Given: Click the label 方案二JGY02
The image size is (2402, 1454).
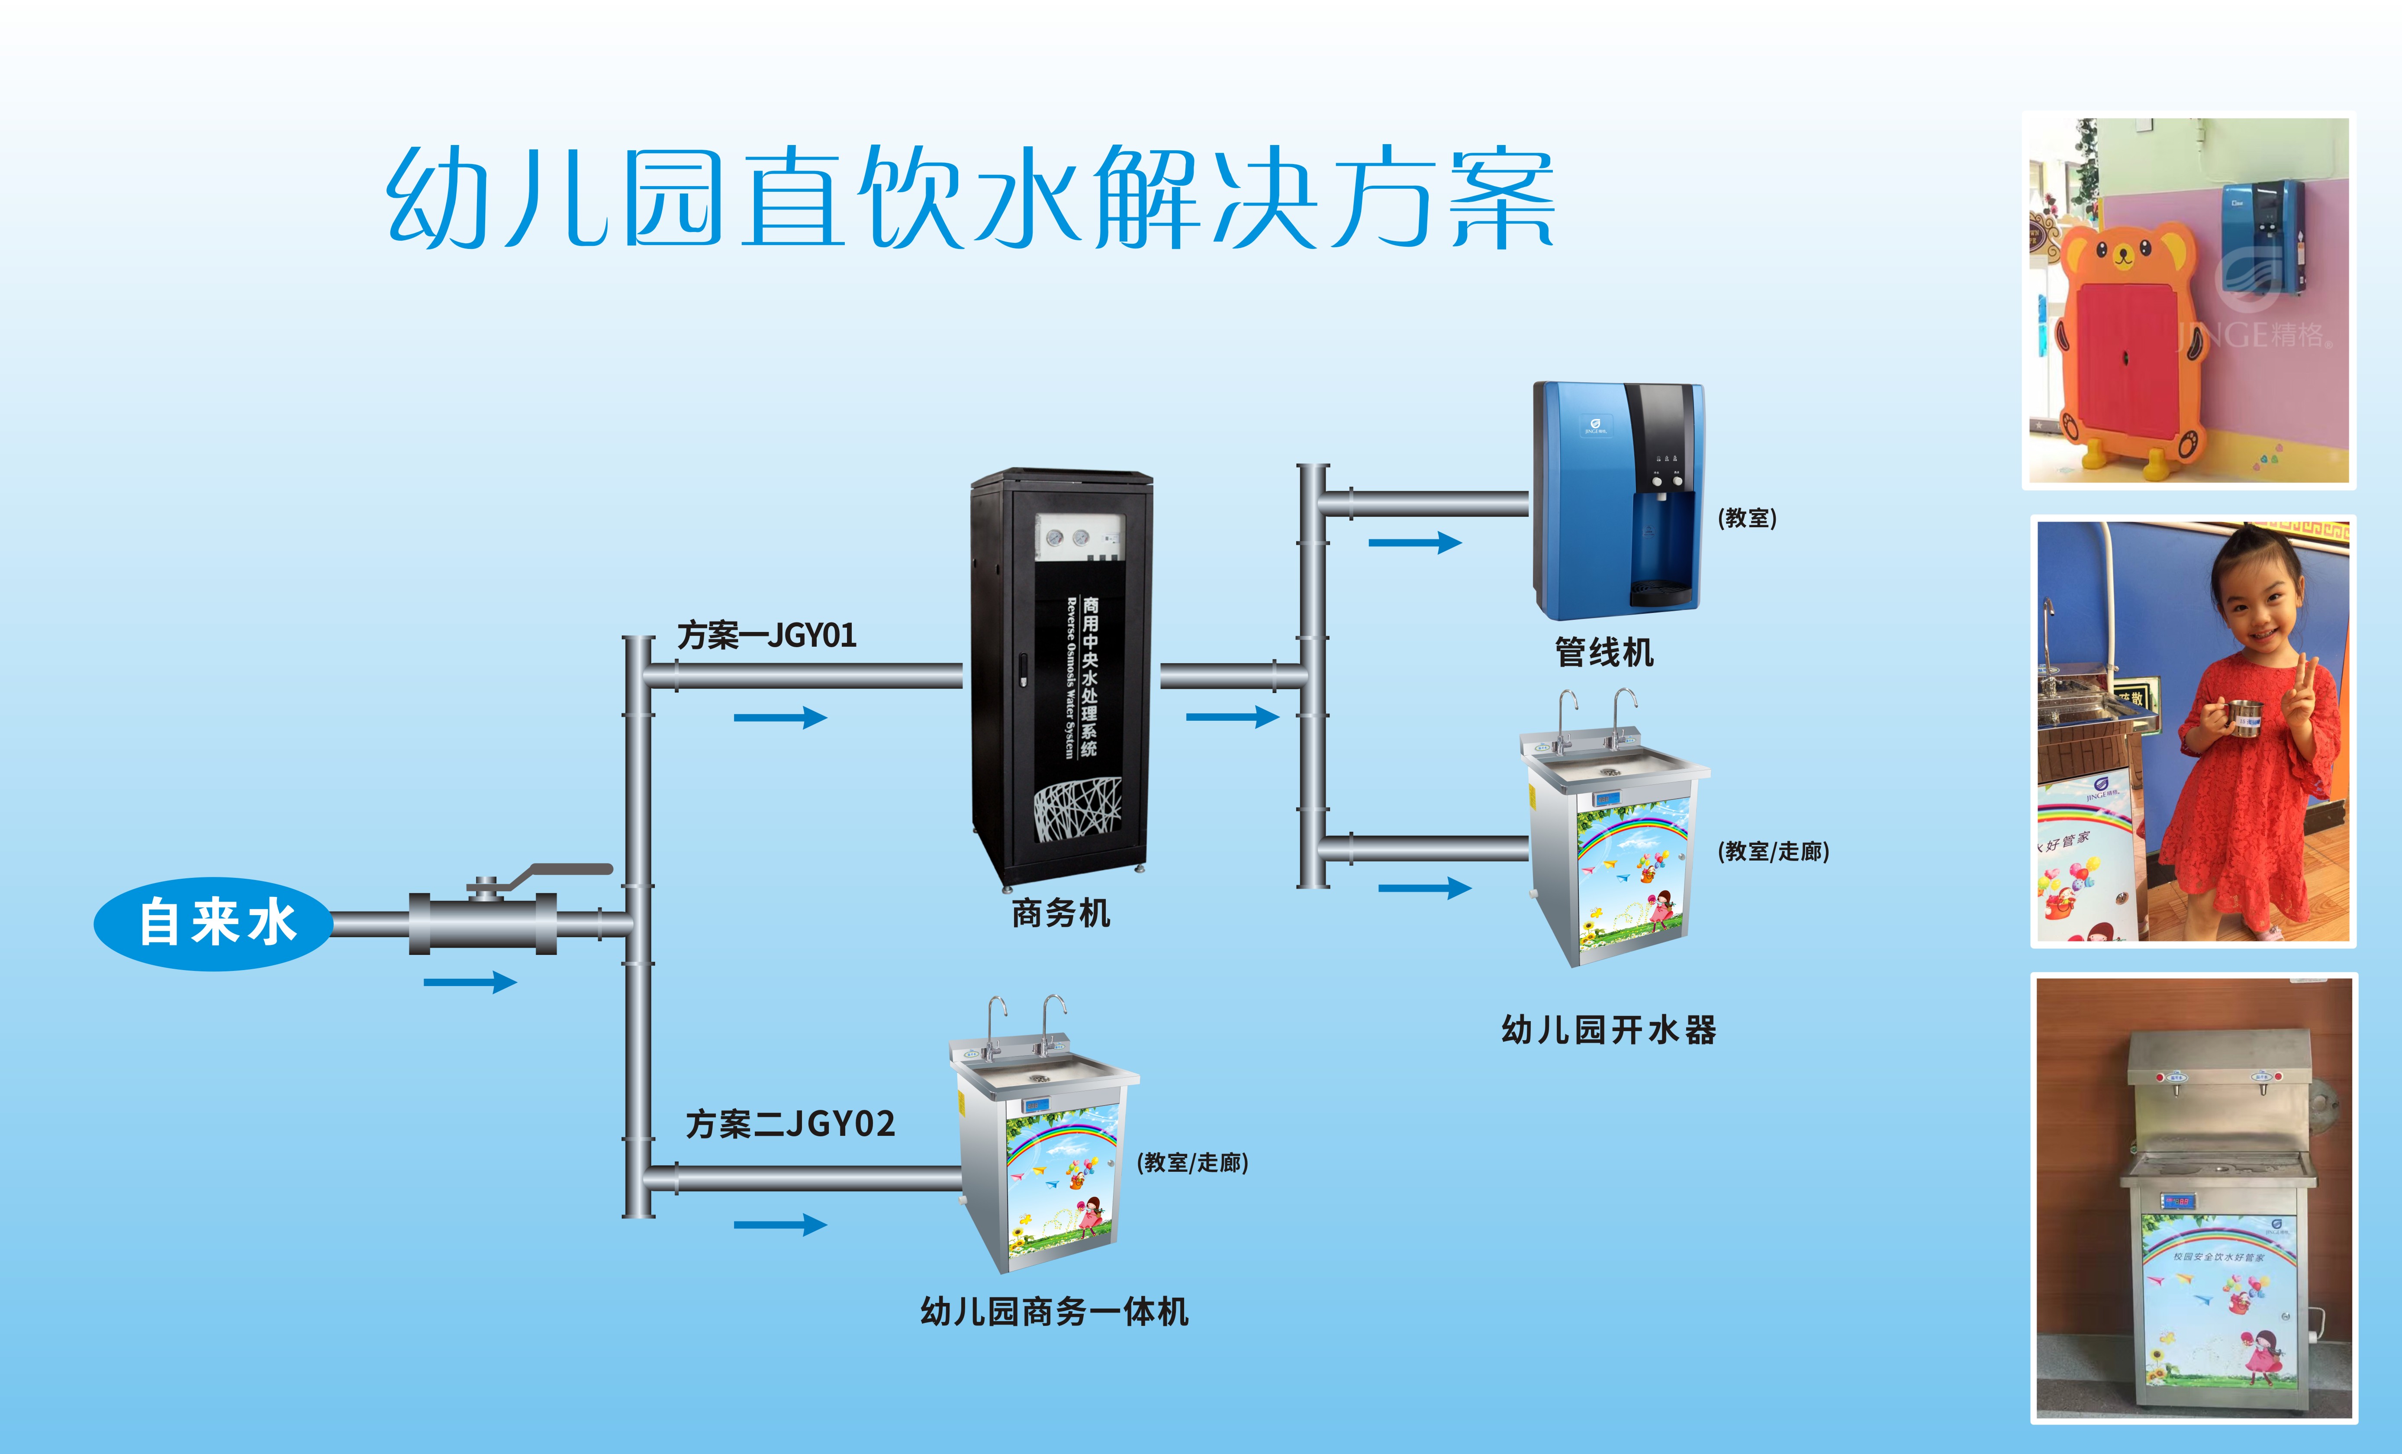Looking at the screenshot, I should point(789,1125).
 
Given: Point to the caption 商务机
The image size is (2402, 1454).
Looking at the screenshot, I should point(1061,914).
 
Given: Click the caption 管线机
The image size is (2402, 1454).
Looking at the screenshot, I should point(1603,652).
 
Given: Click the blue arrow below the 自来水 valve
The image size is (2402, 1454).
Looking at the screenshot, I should point(470,982).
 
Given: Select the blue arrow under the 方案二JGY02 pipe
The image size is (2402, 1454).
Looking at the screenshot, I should point(780,1225).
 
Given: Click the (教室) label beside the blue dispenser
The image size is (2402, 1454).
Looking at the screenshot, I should point(1747,518).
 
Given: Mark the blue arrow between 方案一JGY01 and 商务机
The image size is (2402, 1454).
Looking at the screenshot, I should point(780,718).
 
